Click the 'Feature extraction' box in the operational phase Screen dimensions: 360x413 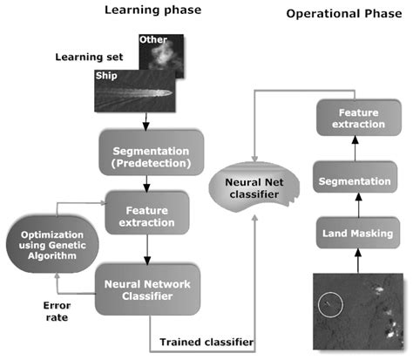(362, 118)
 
